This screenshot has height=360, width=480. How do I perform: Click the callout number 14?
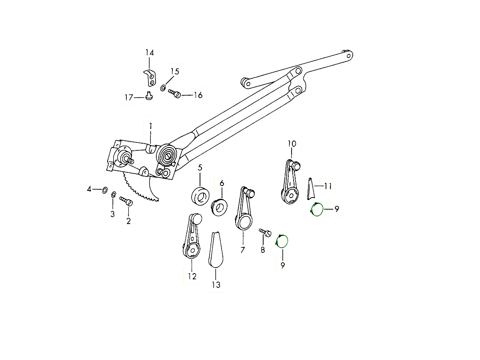click(x=150, y=53)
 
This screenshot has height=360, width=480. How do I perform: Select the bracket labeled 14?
click(x=150, y=78)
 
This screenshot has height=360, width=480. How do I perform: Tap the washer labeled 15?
click(x=163, y=88)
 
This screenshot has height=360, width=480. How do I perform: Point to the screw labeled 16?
click(x=174, y=94)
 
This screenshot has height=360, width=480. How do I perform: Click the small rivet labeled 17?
click(x=149, y=96)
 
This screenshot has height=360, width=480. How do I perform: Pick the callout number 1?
click(x=150, y=126)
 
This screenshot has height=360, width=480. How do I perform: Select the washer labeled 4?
click(x=105, y=190)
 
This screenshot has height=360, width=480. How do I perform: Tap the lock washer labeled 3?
click(x=114, y=194)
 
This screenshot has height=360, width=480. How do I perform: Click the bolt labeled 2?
click(x=126, y=201)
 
